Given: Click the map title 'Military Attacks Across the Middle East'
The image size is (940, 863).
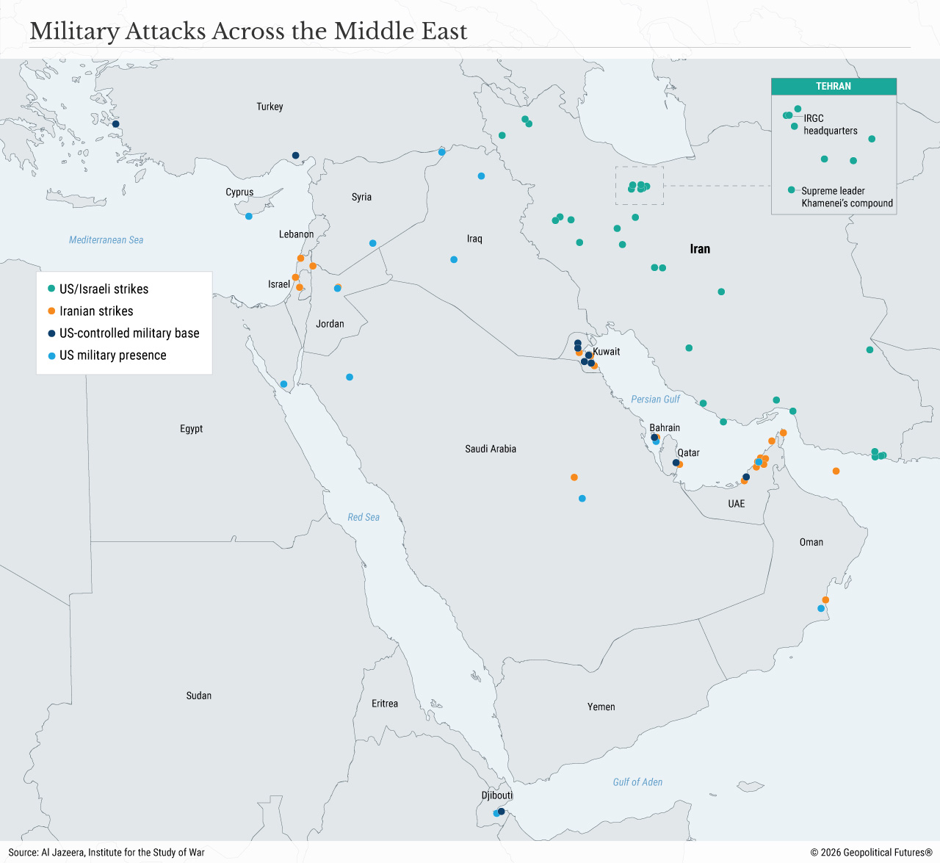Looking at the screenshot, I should [248, 32].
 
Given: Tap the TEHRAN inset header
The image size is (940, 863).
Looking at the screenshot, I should [834, 87].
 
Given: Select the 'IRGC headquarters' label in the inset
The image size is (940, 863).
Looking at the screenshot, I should [830, 124].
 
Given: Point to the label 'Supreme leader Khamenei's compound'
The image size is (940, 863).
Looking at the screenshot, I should [847, 197].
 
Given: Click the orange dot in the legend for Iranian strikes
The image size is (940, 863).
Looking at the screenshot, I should [51, 311].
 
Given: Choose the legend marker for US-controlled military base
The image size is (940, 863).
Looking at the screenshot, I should [51, 333].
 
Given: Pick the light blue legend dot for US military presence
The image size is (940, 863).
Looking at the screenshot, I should [51, 355].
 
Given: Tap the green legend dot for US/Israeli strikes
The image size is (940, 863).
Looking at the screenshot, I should [51, 289].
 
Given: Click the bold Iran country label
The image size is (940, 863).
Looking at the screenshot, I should [700, 249].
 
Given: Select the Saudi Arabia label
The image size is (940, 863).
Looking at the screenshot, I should [491, 449].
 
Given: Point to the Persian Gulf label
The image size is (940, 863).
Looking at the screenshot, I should [655, 400].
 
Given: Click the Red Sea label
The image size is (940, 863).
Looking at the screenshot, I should [364, 518].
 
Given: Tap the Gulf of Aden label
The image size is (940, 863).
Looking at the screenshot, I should [637, 782].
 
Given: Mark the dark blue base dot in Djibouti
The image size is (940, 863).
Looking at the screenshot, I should [502, 812].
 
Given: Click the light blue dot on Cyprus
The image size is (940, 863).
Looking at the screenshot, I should [249, 216].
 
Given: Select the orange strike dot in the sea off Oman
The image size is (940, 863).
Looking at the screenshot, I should [836, 471].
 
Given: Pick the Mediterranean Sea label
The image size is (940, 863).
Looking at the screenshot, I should [106, 240].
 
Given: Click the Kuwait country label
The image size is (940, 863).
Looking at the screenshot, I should [607, 352].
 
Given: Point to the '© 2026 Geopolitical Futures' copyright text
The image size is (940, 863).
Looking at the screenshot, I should [871, 853].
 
